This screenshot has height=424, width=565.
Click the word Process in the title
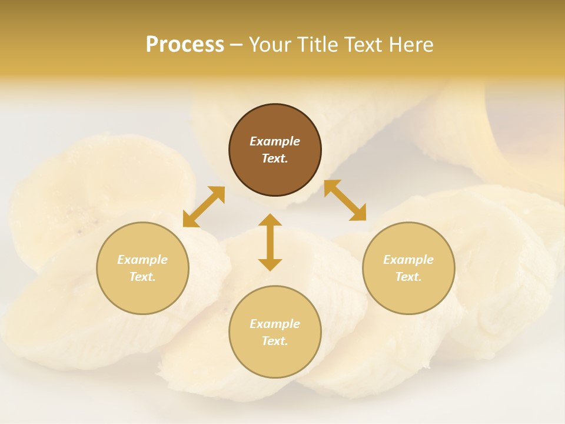pos(185,45)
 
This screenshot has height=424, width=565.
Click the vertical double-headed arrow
pos(270,242)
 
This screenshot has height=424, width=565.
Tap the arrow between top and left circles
pos(204,206)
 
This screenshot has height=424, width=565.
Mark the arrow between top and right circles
pos(345,200)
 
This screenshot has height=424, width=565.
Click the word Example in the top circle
pos(275,141)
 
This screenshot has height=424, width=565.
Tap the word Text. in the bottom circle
pos(275,341)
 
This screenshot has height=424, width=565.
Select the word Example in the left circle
pos(142,260)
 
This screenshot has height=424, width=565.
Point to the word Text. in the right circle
pos(408,277)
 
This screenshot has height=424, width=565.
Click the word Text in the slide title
pos(364,45)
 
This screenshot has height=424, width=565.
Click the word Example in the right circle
pos(408,260)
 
